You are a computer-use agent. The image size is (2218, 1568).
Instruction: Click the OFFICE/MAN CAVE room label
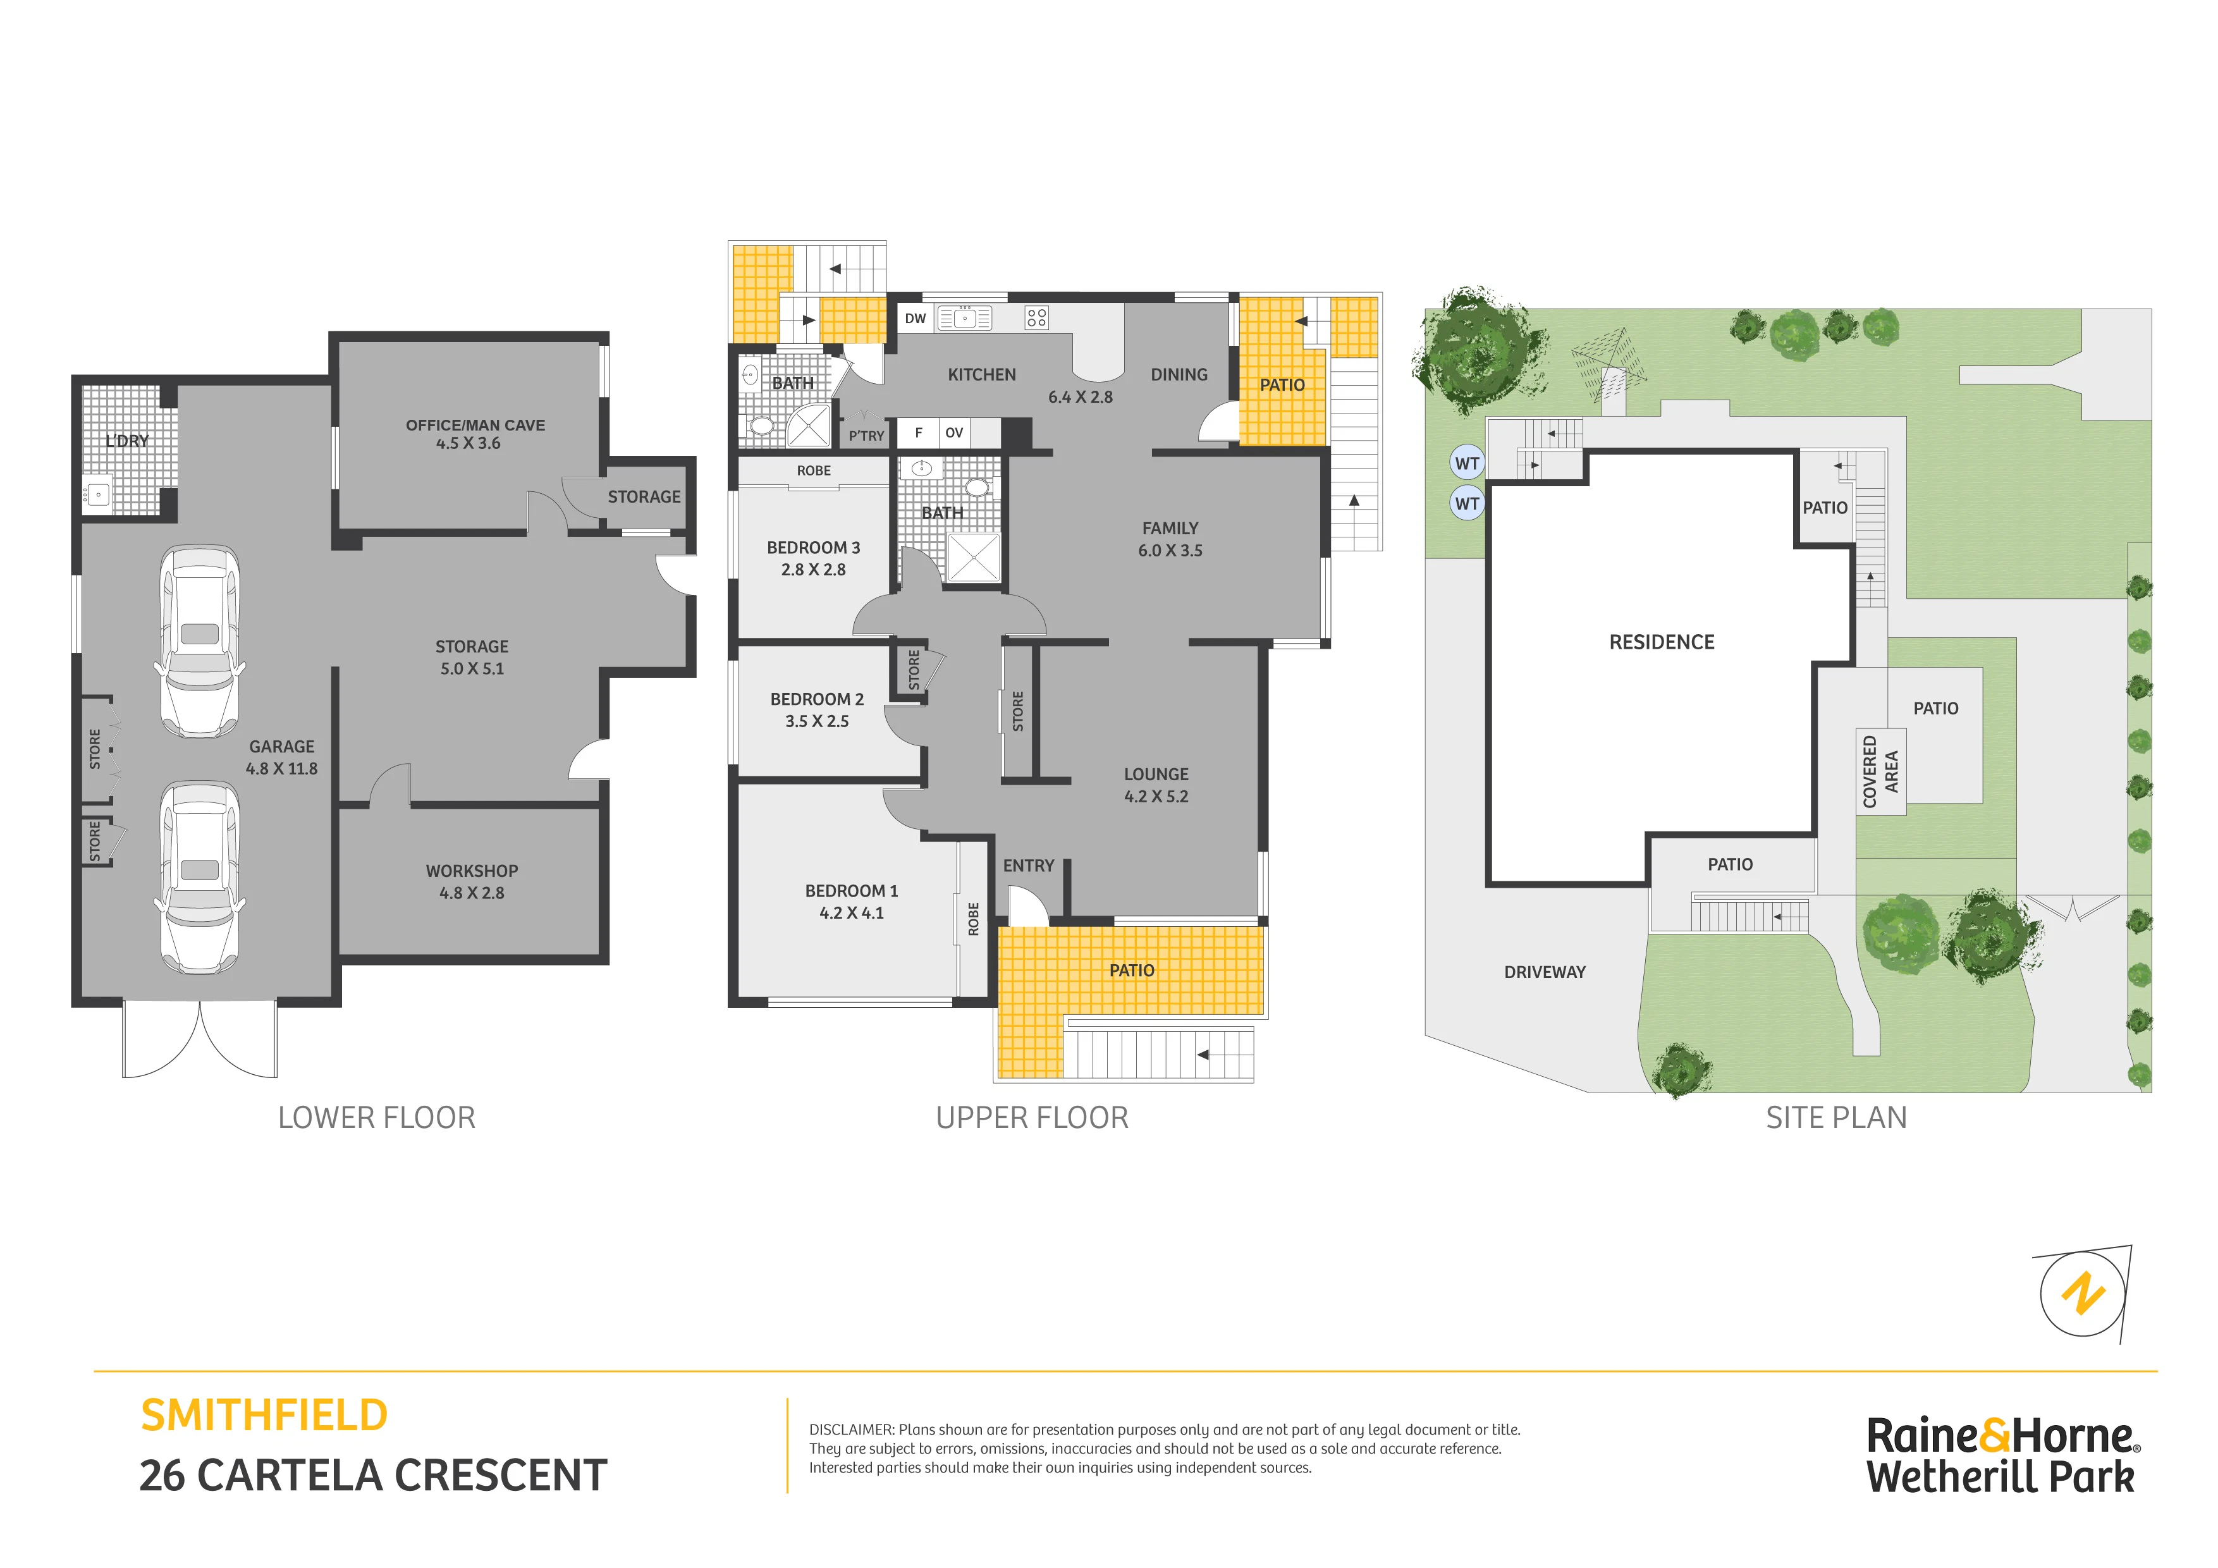click(x=475, y=425)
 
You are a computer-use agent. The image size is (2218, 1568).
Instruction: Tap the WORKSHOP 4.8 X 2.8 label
click(x=472, y=882)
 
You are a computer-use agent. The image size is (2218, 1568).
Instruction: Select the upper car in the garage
click(x=199, y=642)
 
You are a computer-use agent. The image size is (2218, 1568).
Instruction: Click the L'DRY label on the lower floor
click(x=128, y=441)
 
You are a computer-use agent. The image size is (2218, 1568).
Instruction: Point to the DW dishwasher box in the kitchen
click(x=915, y=319)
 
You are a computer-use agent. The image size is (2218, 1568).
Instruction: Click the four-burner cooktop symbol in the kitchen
click(x=1036, y=318)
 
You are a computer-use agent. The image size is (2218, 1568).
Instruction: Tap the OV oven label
click(x=955, y=433)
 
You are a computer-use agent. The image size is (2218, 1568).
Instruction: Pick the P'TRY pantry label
click(x=867, y=436)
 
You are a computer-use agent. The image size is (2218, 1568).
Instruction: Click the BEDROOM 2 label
click(x=818, y=699)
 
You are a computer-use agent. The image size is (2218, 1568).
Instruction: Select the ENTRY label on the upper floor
click(x=1028, y=866)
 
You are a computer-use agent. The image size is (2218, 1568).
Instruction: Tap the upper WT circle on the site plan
click(x=1467, y=463)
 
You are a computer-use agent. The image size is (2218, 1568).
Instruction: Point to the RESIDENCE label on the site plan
click(x=1662, y=642)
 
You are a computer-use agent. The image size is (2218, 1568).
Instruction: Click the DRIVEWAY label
click(x=1545, y=972)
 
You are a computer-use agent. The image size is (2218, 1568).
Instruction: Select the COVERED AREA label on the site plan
click(x=1880, y=772)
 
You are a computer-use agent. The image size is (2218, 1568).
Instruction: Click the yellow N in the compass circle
click(x=2084, y=1294)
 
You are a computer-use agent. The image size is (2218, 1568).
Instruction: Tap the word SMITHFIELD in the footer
click(x=264, y=1416)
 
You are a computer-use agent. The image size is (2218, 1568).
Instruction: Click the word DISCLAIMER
click(x=851, y=1430)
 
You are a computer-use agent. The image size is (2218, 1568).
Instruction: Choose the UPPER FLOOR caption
click(x=1032, y=1118)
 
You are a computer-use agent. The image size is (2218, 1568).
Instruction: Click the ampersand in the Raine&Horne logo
click(x=1996, y=1436)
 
